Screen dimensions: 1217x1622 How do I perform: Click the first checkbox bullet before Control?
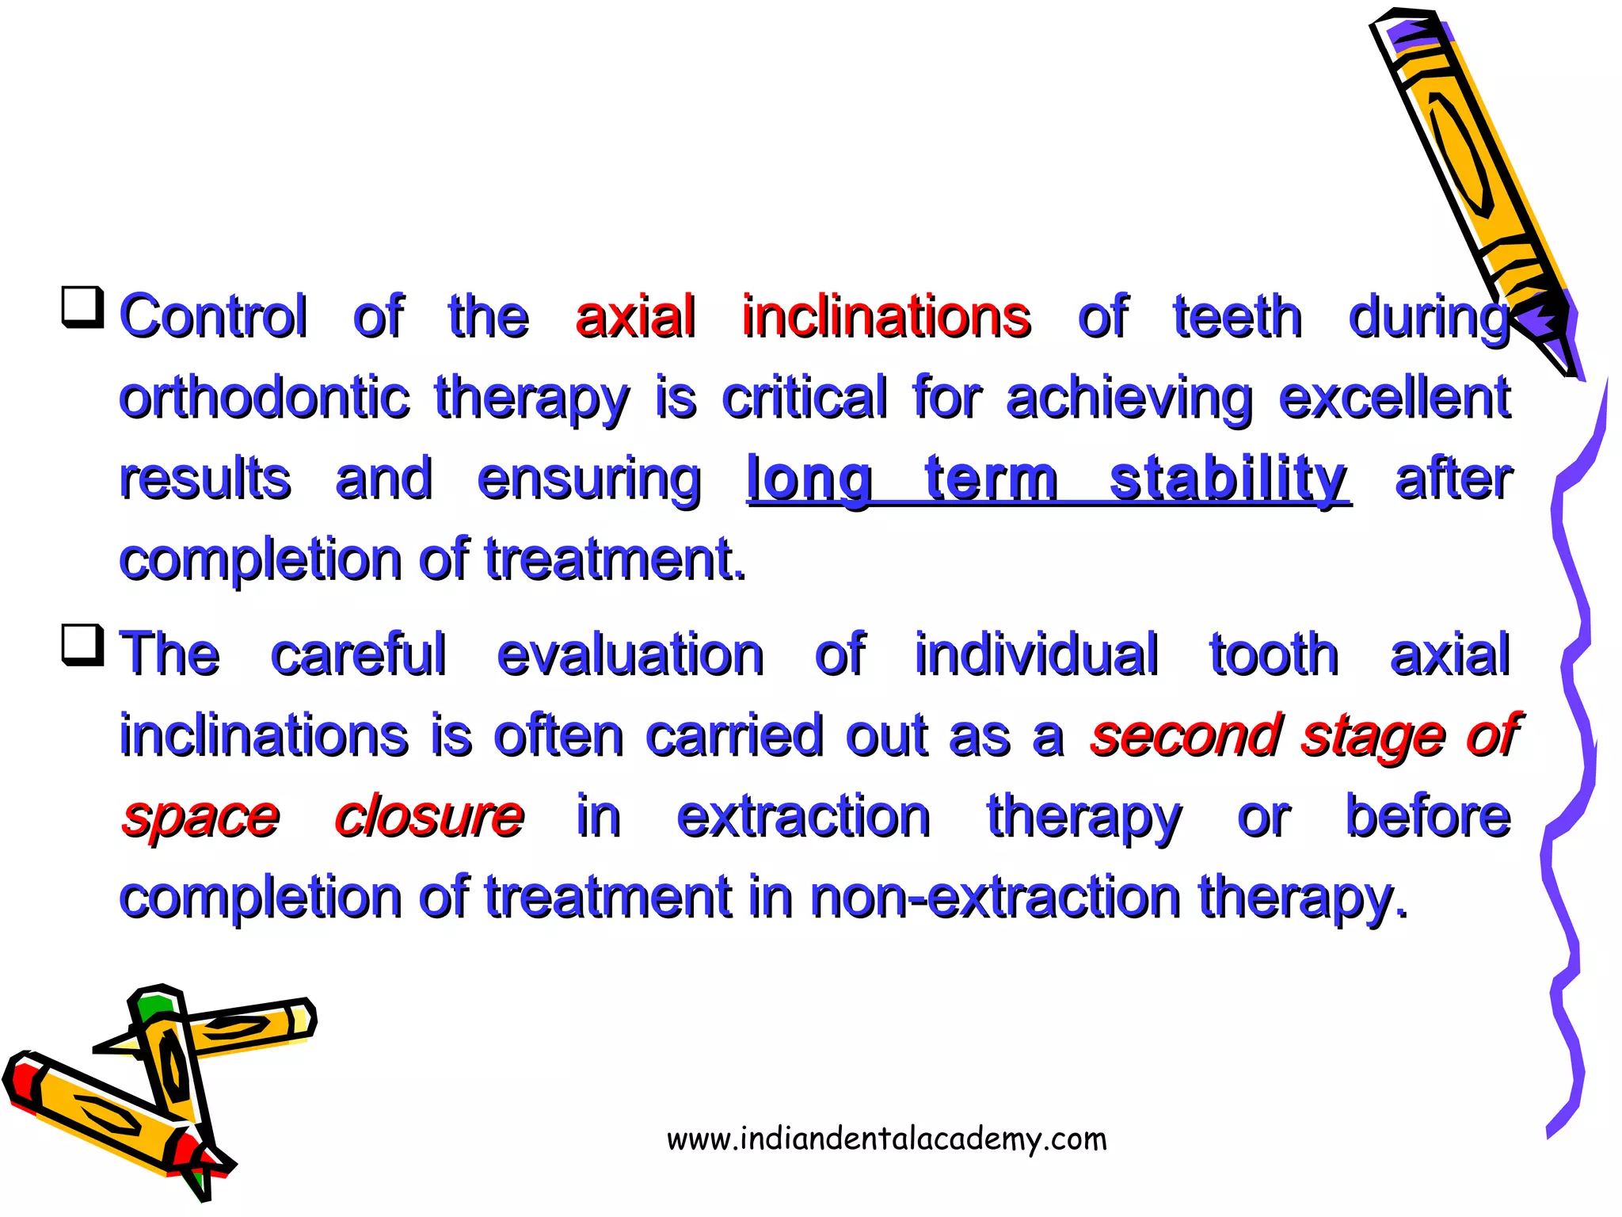point(82,307)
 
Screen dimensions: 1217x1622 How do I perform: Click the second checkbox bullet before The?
point(82,645)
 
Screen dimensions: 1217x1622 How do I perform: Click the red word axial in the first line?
point(635,316)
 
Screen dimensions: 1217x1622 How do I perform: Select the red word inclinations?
point(885,316)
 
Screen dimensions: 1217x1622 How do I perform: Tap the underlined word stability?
point(1228,479)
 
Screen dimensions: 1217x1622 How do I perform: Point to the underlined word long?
point(809,480)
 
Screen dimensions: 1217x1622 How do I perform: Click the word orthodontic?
point(264,398)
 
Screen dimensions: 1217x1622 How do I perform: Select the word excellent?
point(1394,398)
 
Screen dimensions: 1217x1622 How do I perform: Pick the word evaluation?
point(630,655)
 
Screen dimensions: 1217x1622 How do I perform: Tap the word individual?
point(1036,655)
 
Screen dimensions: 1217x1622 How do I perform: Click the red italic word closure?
point(428,817)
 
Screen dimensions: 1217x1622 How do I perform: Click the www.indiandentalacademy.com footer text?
point(886,1139)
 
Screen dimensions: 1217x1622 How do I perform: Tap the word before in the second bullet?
point(1427,817)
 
